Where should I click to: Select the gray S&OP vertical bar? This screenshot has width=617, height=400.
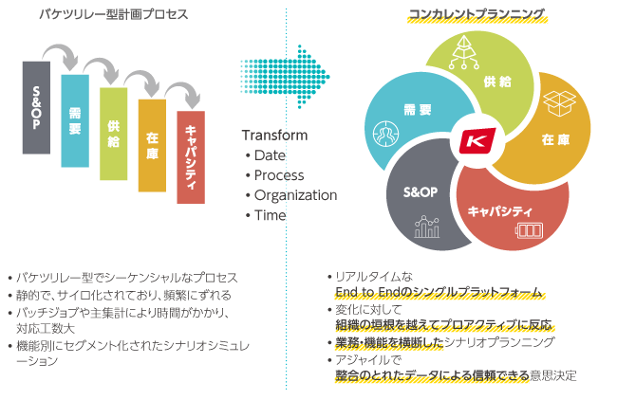coord(36,106)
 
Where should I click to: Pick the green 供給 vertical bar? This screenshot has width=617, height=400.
coord(113,133)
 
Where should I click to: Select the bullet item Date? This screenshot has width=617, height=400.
coord(271,155)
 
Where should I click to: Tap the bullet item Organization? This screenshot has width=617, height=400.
coord(295,195)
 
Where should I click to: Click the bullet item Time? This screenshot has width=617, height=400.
coord(270,215)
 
